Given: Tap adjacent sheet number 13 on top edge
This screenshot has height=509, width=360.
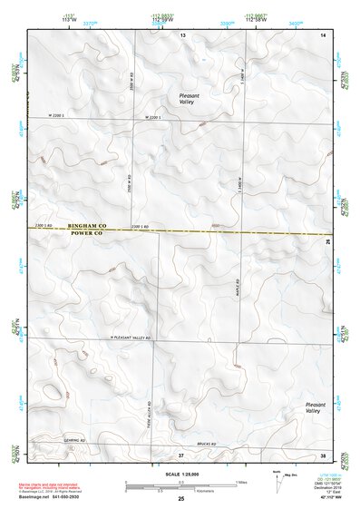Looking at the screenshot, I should (181, 34).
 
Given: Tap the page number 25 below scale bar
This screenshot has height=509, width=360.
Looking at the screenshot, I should (180, 498).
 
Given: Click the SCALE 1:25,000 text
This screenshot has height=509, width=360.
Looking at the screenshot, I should (180, 473).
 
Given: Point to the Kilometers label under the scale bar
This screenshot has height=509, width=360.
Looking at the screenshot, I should (180, 487).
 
